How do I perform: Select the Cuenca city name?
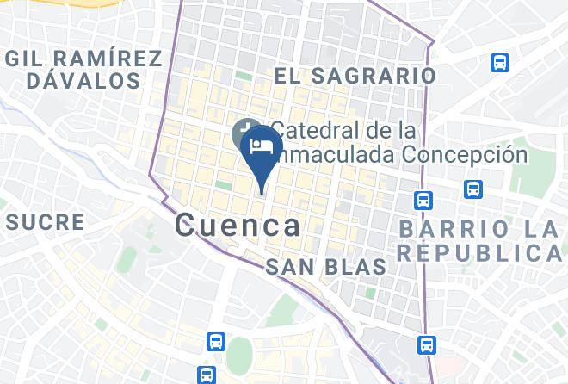click(x=238, y=226)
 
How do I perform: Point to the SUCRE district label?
click(x=45, y=222)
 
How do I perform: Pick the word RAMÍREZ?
click(x=108, y=59)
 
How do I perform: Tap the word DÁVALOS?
click(x=83, y=82)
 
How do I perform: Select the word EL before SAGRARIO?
click(x=287, y=76)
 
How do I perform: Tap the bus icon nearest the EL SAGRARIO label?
click(x=498, y=62)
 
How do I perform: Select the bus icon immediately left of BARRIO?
click(x=423, y=200)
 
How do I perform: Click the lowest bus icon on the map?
click(x=206, y=374)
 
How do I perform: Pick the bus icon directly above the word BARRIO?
click(x=472, y=189)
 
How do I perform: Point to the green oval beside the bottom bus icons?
click(x=240, y=355)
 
